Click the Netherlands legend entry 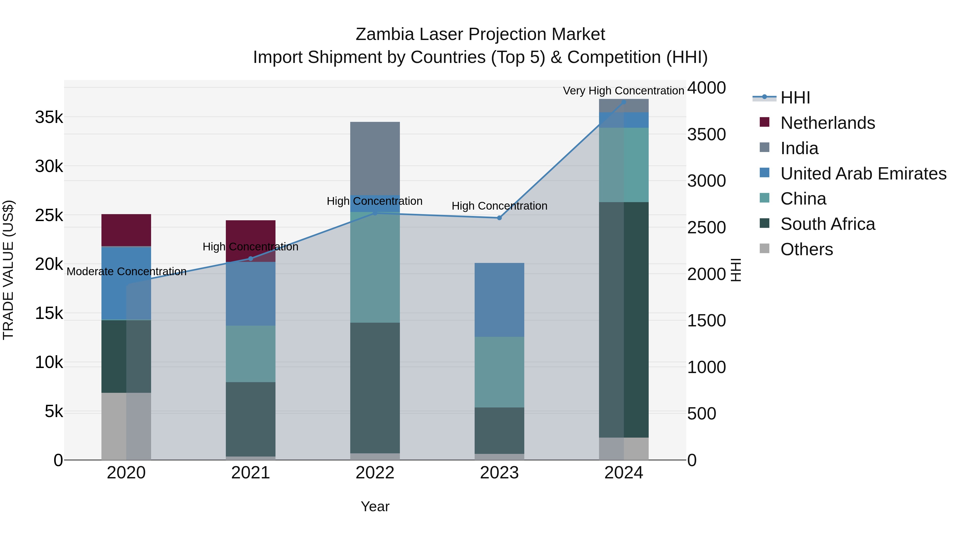tap(828, 123)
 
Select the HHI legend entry tap(795, 98)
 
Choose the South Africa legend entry tap(828, 224)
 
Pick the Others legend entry tap(806, 249)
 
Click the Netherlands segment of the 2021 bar tap(251, 241)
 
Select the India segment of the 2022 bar tap(375, 158)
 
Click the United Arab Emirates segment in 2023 tap(499, 300)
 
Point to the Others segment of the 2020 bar tap(126, 426)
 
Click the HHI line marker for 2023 tap(499, 218)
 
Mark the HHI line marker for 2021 tap(251, 259)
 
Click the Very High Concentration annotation tap(623, 91)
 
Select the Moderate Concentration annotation tap(127, 272)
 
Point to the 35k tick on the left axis tap(49, 117)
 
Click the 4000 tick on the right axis tap(706, 88)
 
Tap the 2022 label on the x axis tap(375, 473)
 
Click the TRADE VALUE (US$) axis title tap(8, 270)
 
